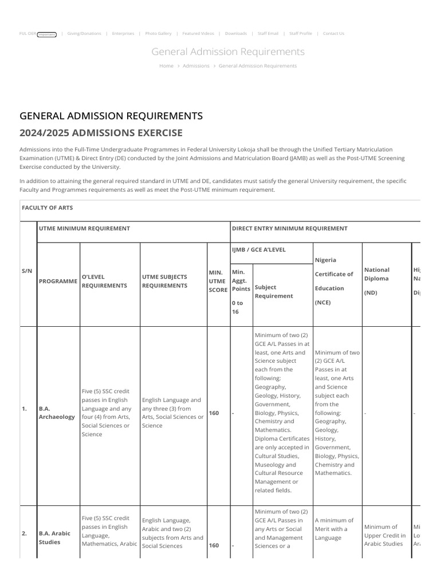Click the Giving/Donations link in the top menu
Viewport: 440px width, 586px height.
(x=84, y=34)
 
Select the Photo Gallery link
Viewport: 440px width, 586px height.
(x=158, y=34)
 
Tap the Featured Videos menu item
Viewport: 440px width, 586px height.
(x=198, y=34)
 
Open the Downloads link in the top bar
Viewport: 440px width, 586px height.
(x=236, y=34)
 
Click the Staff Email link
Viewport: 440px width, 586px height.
(x=268, y=34)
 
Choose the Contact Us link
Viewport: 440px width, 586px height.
(x=333, y=34)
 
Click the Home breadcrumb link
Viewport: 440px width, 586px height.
(x=166, y=66)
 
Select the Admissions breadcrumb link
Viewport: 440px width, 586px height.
(x=196, y=66)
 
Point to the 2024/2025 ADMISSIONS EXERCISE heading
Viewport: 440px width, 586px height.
(x=101, y=133)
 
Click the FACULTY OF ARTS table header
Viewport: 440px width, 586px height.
(x=48, y=208)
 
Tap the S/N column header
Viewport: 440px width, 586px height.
(x=27, y=270)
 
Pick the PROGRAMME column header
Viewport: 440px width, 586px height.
(x=58, y=281)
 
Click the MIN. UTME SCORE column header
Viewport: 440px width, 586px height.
(x=217, y=281)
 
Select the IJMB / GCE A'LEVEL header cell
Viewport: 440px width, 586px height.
(x=258, y=250)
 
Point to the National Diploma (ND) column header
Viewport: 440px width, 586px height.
(x=377, y=280)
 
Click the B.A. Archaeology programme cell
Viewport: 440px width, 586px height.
(x=57, y=413)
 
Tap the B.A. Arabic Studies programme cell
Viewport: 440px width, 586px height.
(x=54, y=537)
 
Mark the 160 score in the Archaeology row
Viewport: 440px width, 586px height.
(x=214, y=413)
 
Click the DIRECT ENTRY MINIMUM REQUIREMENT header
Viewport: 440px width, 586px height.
(x=289, y=228)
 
